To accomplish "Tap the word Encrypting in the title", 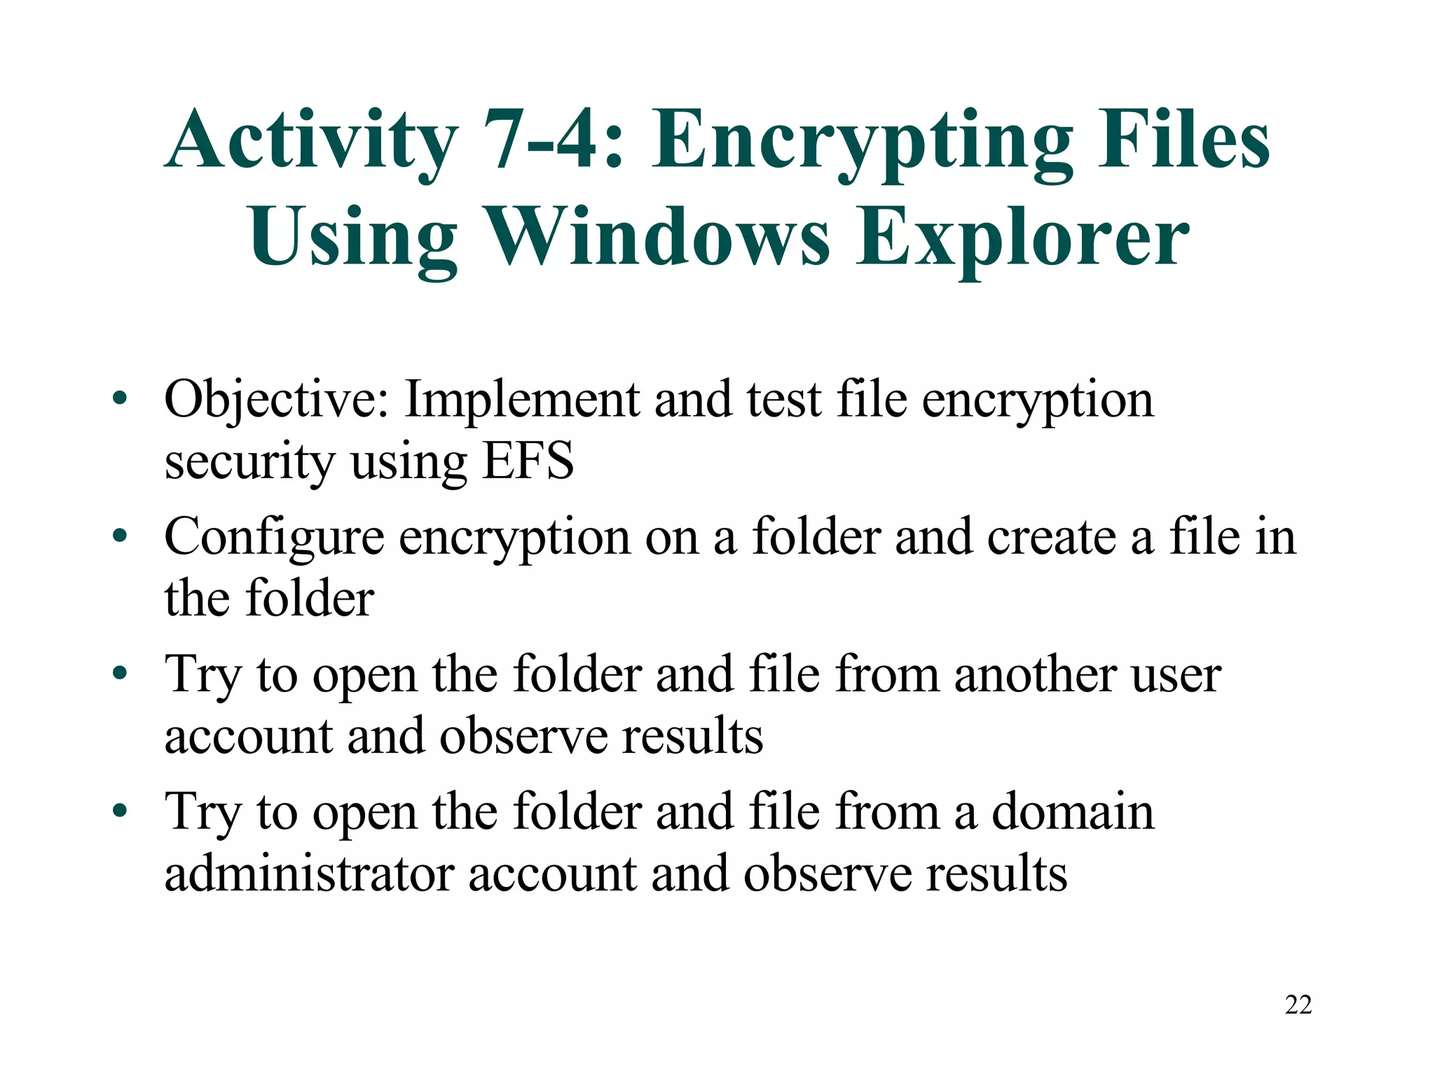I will point(862,140).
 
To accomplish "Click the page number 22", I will point(1298,1005).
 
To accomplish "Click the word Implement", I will point(523,400).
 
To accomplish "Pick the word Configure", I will point(274,537).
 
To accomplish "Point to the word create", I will point(1051,537).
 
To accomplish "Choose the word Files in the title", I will point(1183,140).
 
